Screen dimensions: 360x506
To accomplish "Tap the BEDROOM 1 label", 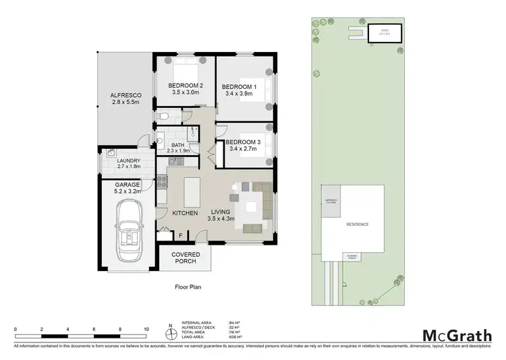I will click(240, 87).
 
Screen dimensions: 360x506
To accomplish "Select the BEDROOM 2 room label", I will click(186, 85).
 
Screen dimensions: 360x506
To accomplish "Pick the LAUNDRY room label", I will click(128, 160).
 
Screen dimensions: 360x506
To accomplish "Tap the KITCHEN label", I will click(185, 213).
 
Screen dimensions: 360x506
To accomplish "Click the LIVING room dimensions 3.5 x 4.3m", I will click(221, 218).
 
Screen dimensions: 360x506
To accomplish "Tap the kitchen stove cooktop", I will click(163, 181).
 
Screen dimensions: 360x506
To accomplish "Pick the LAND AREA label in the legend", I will click(194, 338).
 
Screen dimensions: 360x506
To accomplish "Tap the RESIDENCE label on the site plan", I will click(357, 224).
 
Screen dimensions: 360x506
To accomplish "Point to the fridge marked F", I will click(180, 235).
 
